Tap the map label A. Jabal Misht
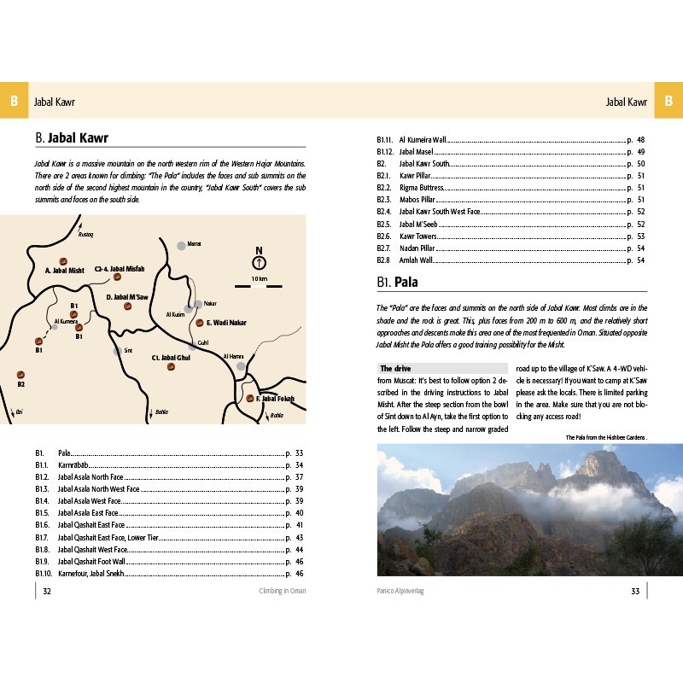[x=64, y=270]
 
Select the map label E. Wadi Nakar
[x=226, y=323]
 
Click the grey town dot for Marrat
[x=181, y=245]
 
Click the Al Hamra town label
[x=233, y=356]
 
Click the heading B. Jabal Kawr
[x=72, y=137]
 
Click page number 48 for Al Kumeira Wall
[x=640, y=139]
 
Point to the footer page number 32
[x=48, y=591]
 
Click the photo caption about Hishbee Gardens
[x=605, y=437]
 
